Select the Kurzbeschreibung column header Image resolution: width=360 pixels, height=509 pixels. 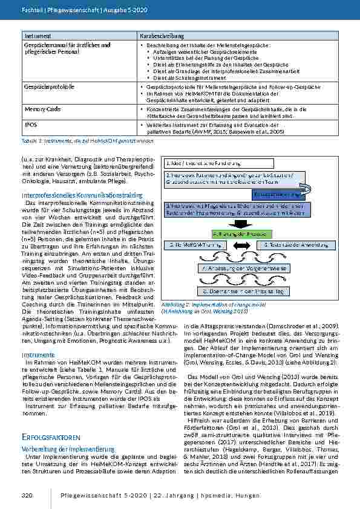point(160,37)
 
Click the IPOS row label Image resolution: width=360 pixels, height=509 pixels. point(30,125)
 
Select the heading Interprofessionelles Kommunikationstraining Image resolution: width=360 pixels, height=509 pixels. point(82,195)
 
